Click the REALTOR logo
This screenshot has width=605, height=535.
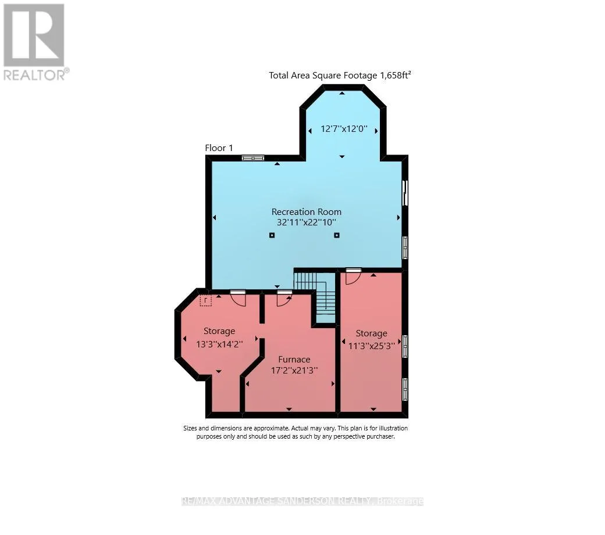point(36,42)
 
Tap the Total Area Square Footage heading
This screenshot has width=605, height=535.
point(340,75)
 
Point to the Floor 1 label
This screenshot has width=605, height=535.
point(219,148)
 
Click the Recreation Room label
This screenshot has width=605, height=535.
point(307,212)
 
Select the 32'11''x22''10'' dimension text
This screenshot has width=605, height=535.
point(307,222)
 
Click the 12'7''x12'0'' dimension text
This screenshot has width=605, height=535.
point(344,128)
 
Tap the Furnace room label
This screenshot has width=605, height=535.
point(294,360)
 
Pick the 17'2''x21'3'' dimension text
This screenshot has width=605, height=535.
point(294,371)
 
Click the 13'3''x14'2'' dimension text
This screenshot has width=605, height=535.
point(219,344)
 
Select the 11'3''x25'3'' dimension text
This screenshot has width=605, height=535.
point(371,346)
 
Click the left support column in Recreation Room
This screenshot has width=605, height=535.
point(272,235)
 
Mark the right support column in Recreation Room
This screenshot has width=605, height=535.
point(337,235)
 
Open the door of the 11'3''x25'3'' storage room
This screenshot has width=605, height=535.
point(353,276)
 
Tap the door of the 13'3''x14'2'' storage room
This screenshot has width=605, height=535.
point(238,299)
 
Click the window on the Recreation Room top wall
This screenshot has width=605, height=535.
point(253,157)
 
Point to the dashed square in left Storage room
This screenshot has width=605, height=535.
point(206,300)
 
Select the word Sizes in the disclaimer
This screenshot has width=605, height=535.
point(191,428)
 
